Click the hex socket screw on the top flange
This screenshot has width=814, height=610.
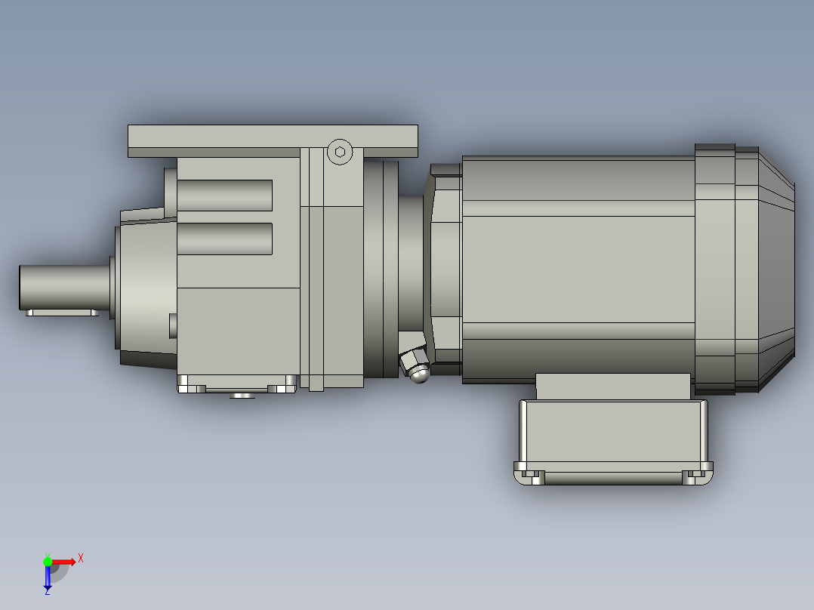(340, 152)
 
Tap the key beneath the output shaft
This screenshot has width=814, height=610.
(61, 312)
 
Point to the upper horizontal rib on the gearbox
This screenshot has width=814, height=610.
(224, 196)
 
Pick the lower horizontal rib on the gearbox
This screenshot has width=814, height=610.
(224, 239)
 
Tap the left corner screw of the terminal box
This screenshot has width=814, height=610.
(537, 477)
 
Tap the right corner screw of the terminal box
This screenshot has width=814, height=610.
(689, 477)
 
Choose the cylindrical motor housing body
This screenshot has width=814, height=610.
(578, 268)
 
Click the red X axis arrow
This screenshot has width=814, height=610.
(65, 561)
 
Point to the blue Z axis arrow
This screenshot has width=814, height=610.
(48, 578)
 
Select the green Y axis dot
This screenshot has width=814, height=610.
(48, 561)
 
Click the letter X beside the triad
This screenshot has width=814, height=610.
(81, 558)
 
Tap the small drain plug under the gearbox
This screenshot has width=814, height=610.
(242, 395)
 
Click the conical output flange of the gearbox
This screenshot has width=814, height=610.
(143, 291)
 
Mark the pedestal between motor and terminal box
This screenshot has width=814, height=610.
(612, 386)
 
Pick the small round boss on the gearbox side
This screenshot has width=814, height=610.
(173, 325)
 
